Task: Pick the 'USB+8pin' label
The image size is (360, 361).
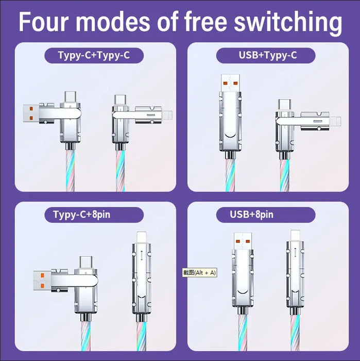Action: coord(252,214)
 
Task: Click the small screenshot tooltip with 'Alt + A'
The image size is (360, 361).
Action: coord(199,272)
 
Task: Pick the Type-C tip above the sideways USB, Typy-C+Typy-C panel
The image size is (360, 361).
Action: coord(70,96)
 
